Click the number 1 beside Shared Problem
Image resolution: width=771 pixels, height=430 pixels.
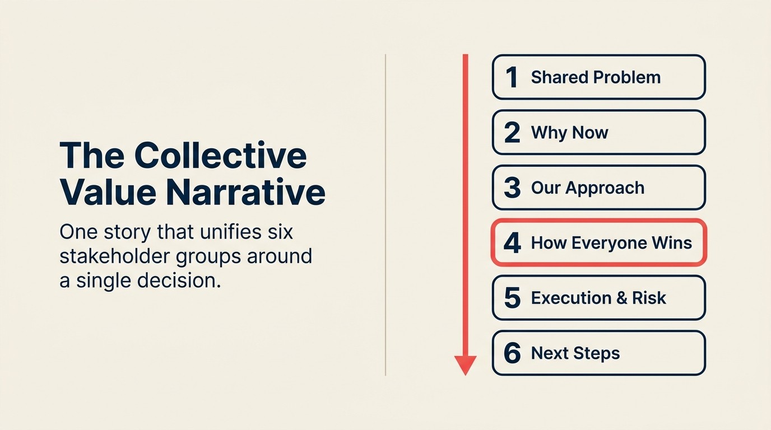coord(511,77)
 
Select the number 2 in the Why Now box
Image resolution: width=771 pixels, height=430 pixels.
coord(512,133)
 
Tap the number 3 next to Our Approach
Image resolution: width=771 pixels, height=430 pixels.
coord(512,188)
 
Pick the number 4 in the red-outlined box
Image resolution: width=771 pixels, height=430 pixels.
coord(512,243)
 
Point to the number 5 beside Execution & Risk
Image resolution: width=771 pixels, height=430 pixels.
coord(512,298)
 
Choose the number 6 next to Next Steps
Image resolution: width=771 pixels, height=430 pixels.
coord(512,353)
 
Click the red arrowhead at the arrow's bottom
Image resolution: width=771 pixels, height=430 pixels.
coord(465,364)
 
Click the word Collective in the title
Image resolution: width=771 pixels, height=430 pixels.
coord(221,155)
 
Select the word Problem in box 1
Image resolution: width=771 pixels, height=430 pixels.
coord(629,77)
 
